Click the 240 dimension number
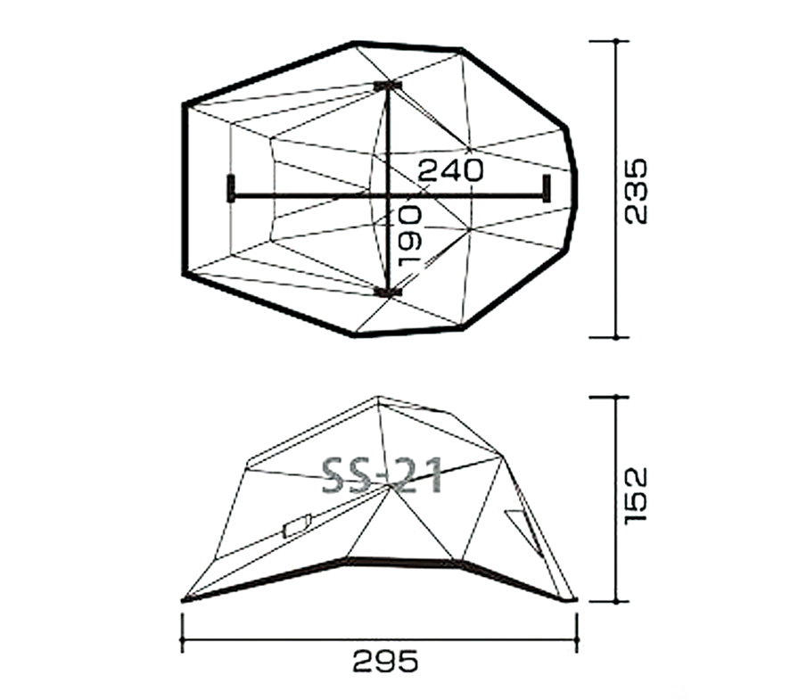point(450,169)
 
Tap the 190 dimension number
point(409,235)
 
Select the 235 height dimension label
point(635,191)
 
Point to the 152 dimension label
point(635,497)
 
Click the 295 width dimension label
point(385,661)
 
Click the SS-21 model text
point(382,475)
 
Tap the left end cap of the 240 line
point(231,188)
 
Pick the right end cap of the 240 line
point(547,188)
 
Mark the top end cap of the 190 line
point(388,86)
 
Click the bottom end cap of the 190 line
point(388,292)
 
